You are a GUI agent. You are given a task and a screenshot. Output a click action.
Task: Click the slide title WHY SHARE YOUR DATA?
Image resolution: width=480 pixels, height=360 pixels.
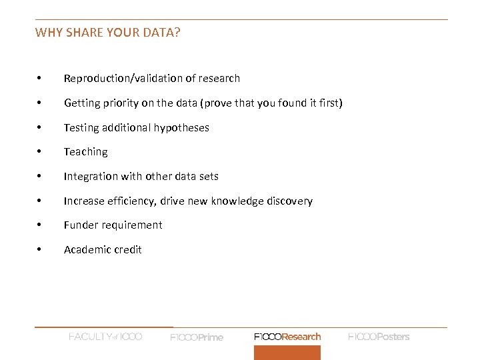(x=107, y=32)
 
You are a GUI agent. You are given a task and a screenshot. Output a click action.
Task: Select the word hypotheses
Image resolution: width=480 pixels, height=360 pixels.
(x=183, y=128)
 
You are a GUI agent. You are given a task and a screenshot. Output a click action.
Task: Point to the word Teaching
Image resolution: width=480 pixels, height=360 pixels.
(x=85, y=152)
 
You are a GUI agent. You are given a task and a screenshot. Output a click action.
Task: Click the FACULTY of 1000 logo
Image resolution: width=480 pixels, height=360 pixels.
(x=105, y=337)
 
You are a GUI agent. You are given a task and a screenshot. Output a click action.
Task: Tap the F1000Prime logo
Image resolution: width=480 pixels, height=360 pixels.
(x=197, y=337)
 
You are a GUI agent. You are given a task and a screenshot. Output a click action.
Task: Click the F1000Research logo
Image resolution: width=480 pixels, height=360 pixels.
(x=287, y=337)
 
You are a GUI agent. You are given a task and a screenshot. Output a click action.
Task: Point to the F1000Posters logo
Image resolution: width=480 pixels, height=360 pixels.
(x=379, y=337)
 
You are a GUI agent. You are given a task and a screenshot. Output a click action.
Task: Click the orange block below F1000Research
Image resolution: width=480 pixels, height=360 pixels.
(x=287, y=353)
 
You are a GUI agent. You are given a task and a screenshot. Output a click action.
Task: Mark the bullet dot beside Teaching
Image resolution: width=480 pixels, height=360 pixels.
(x=40, y=152)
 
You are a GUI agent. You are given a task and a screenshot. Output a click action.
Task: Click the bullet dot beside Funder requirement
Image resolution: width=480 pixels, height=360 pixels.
(x=40, y=225)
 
